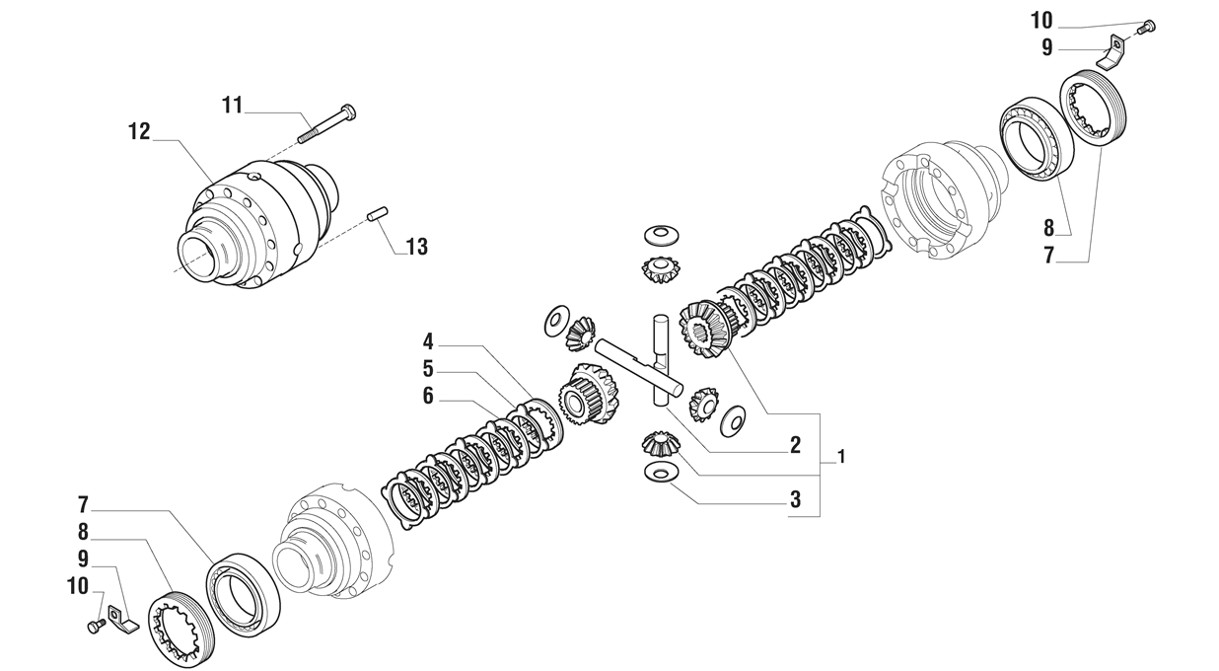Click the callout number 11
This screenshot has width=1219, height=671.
point(233,105)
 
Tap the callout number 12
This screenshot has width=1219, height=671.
point(139,131)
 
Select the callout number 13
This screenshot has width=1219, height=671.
point(417,247)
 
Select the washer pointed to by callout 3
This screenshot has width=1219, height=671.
point(660,472)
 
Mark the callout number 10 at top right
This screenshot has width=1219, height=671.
point(1041,21)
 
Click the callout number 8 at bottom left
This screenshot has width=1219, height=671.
point(83,531)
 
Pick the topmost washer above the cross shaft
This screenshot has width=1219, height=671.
point(661,235)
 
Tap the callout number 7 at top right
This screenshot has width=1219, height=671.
point(1048,255)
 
